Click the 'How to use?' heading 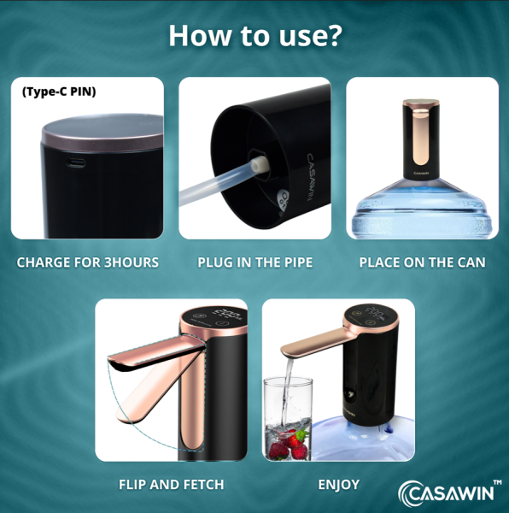point(255,35)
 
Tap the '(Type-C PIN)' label point(59,91)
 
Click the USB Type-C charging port point(76,162)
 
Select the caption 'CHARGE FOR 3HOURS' point(88,262)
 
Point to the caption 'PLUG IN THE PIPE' point(255,262)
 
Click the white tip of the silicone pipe point(260,164)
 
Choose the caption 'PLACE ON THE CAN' point(423,262)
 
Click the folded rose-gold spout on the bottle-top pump point(421,137)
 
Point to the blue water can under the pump point(422,209)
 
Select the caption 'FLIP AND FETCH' point(171,485)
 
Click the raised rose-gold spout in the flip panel point(156,353)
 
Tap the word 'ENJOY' point(339,485)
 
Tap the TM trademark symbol point(497,482)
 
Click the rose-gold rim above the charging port point(103,141)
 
